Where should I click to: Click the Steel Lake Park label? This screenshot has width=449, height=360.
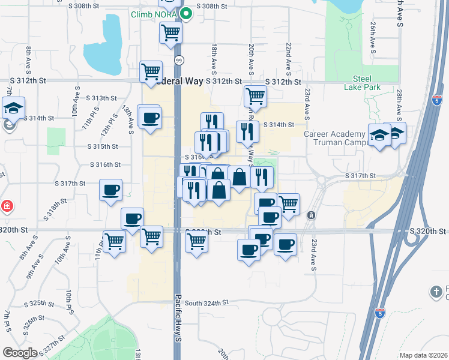pyautogui.click(x=363, y=82)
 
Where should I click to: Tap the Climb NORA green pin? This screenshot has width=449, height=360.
pyautogui.click(x=186, y=13)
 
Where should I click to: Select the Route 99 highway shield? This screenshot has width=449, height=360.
pyautogui.click(x=179, y=60)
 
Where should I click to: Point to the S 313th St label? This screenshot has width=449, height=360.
pyautogui.click(x=101, y=98)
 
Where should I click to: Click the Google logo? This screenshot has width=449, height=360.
pyautogui.click(x=20, y=353)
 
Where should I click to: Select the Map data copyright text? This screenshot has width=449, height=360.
pyautogui.click(x=424, y=355)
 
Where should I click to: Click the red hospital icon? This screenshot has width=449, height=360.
pyautogui.click(x=7, y=206)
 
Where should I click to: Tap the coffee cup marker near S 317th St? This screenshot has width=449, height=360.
pyautogui.click(x=110, y=191)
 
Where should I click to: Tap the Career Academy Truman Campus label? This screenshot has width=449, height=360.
pyautogui.click(x=334, y=138)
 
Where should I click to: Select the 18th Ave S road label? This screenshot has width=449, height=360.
pyautogui.click(x=214, y=58)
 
